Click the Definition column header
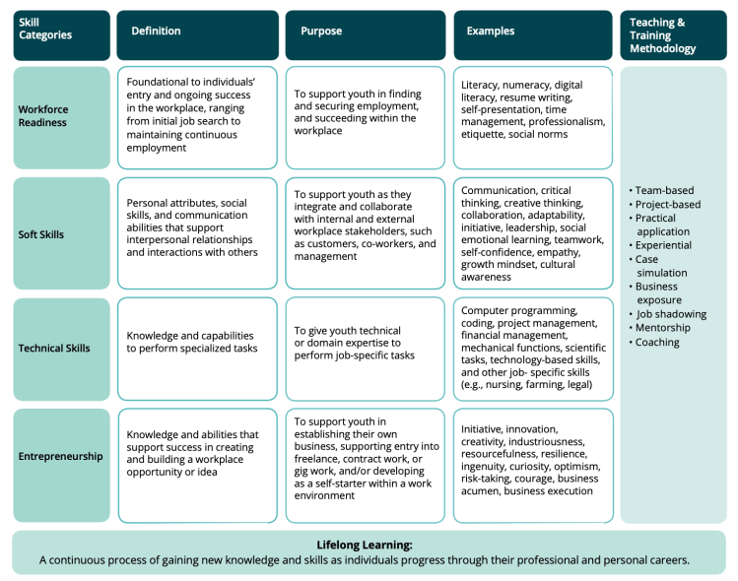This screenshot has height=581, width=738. click(x=157, y=32)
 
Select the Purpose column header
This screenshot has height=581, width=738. click(x=320, y=32)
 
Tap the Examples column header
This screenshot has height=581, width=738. click(x=491, y=32)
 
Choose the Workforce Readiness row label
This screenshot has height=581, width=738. click(x=43, y=116)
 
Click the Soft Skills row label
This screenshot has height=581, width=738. click(x=42, y=233)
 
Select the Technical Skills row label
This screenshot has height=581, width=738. click(x=54, y=348)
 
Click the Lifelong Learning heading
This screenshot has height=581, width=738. click(x=364, y=545)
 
